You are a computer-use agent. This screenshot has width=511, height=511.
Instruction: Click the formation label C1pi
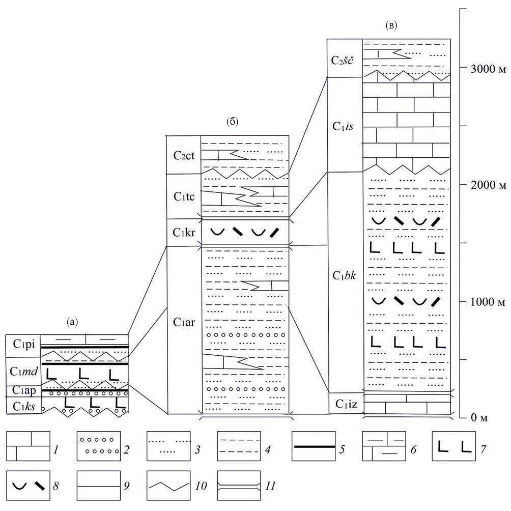[23, 345]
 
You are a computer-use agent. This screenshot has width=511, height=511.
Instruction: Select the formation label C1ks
[23, 406]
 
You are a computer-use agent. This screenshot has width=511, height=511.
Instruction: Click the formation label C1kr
[184, 233]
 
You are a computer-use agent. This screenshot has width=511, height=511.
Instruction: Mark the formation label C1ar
[184, 322]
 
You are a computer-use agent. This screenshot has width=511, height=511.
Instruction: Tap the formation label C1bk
[344, 276]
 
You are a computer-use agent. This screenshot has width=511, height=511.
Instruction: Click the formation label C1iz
[344, 404]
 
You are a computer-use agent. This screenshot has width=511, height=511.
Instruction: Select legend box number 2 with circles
[98, 446]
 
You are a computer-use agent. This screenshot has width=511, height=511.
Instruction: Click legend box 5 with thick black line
[313, 446]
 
